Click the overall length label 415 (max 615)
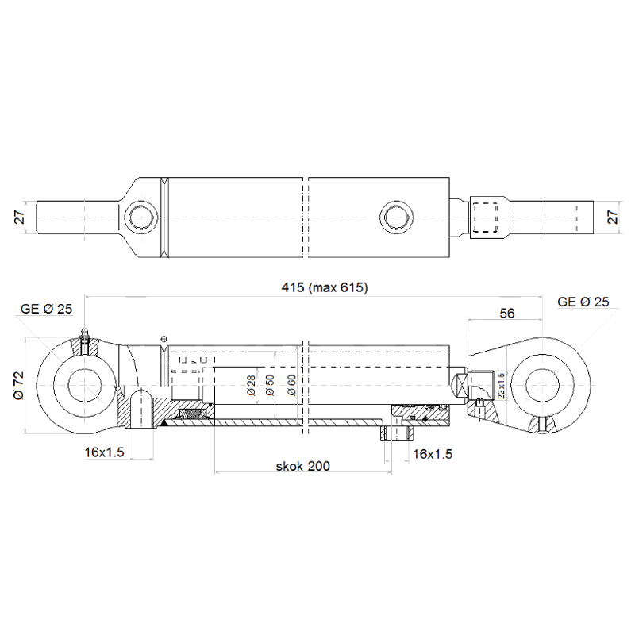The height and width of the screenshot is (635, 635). pyautogui.click(x=325, y=287)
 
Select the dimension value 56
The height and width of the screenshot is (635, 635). pyautogui.click(x=506, y=313)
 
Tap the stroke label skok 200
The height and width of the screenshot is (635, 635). pyautogui.click(x=303, y=466)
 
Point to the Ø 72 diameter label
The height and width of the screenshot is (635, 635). pyautogui.click(x=19, y=386)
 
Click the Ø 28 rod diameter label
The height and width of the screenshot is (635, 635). pyautogui.click(x=251, y=386)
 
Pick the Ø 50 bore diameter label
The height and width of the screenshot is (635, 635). pyautogui.click(x=269, y=385)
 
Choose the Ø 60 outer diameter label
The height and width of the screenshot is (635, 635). pyautogui.click(x=291, y=385)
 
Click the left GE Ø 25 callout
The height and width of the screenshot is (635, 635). pyautogui.click(x=46, y=309)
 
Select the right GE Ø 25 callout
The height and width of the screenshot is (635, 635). pyautogui.click(x=583, y=302)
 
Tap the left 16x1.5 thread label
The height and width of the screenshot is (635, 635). pyautogui.click(x=104, y=452)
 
